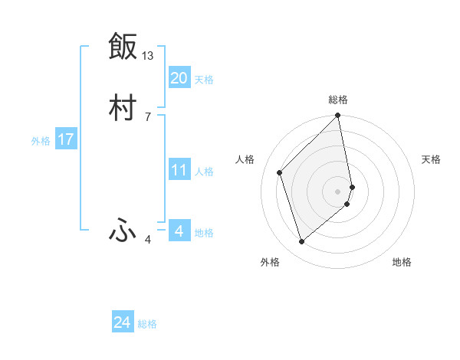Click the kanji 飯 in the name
pyautogui.click(x=123, y=47)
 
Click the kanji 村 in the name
pyautogui.click(x=123, y=109)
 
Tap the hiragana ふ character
pyautogui.click(x=123, y=231)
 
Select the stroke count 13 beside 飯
pyautogui.click(x=148, y=56)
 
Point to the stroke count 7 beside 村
pyautogui.click(x=148, y=117)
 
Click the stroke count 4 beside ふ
pyautogui.click(x=148, y=240)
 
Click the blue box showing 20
pyautogui.click(x=179, y=78)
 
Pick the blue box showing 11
pyautogui.click(x=179, y=170)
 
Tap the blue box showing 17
pyautogui.click(x=65, y=139)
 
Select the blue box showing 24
pyautogui.click(x=122, y=322)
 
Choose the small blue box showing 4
pyautogui.click(x=179, y=231)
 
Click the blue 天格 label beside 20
pyautogui.click(x=204, y=80)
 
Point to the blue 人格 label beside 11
pyautogui.click(x=204, y=172)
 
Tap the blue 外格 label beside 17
pyautogui.click(x=41, y=141)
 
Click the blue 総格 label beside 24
pyautogui.click(x=147, y=324)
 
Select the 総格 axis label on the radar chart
pyautogui.click(x=338, y=100)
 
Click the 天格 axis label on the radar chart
pyautogui.click(x=432, y=159)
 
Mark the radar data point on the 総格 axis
pyautogui.click(x=338, y=116)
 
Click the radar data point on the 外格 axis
pyautogui.click(x=301, y=242)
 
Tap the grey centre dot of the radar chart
pyautogui.click(x=338, y=191)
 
